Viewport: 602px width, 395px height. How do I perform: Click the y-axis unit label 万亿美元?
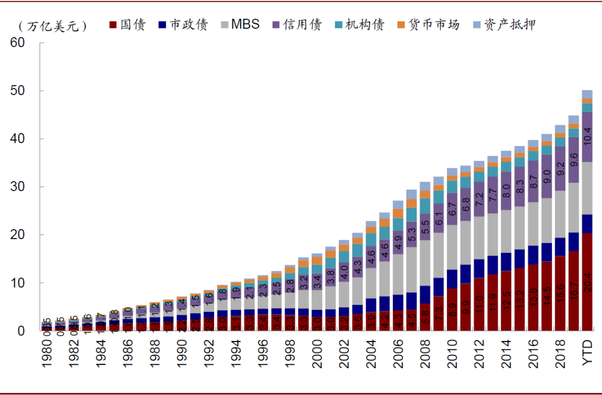coord(53,26)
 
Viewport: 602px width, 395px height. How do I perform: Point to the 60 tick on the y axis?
coord(17,43)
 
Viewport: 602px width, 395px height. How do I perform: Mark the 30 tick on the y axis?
coord(17,187)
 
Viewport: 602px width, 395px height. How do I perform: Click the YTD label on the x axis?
coord(587,354)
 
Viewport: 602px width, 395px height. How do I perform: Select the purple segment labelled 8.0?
coord(506,191)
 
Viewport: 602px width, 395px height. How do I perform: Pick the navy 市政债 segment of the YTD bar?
coord(587,223)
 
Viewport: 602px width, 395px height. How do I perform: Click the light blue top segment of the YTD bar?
coord(587,94)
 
